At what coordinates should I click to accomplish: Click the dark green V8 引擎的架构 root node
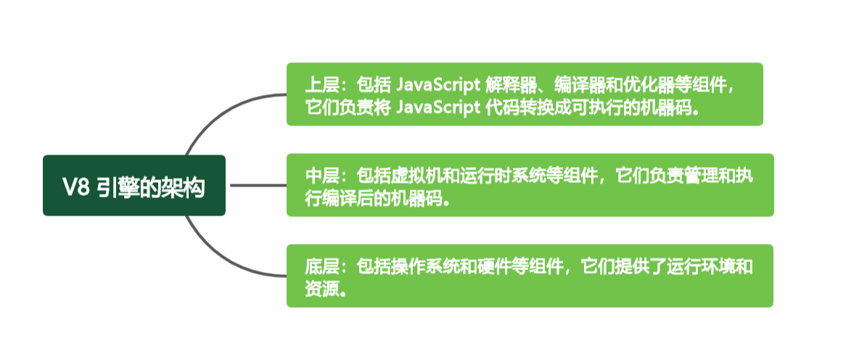pyautogui.click(x=134, y=185)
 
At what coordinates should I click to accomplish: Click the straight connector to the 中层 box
pyautogui.click(x=258, y=185)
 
